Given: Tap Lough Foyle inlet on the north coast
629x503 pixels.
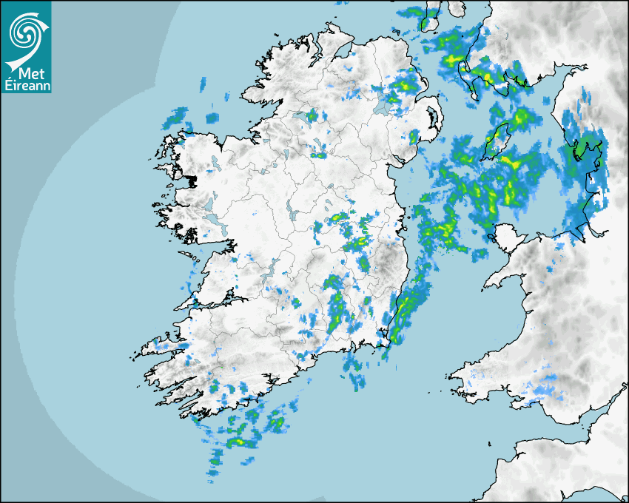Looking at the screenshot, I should point(342,50).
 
